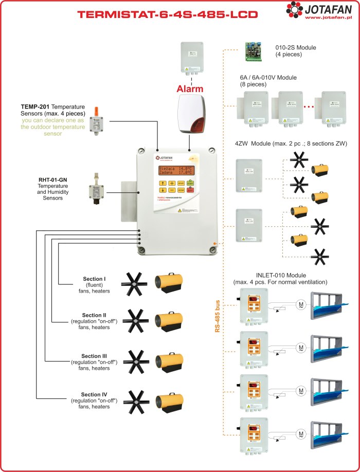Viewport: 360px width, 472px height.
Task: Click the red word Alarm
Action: [x=190, y=88]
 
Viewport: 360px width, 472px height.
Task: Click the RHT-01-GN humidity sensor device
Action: [x=96, y=190]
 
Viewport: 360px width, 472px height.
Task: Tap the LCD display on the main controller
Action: [x=175, y=171]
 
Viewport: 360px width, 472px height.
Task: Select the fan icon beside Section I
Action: [x=135, y=284]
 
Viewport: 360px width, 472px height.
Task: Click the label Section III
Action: [x=94, y=356]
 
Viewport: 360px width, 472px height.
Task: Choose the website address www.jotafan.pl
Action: [x=327, y=18]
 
